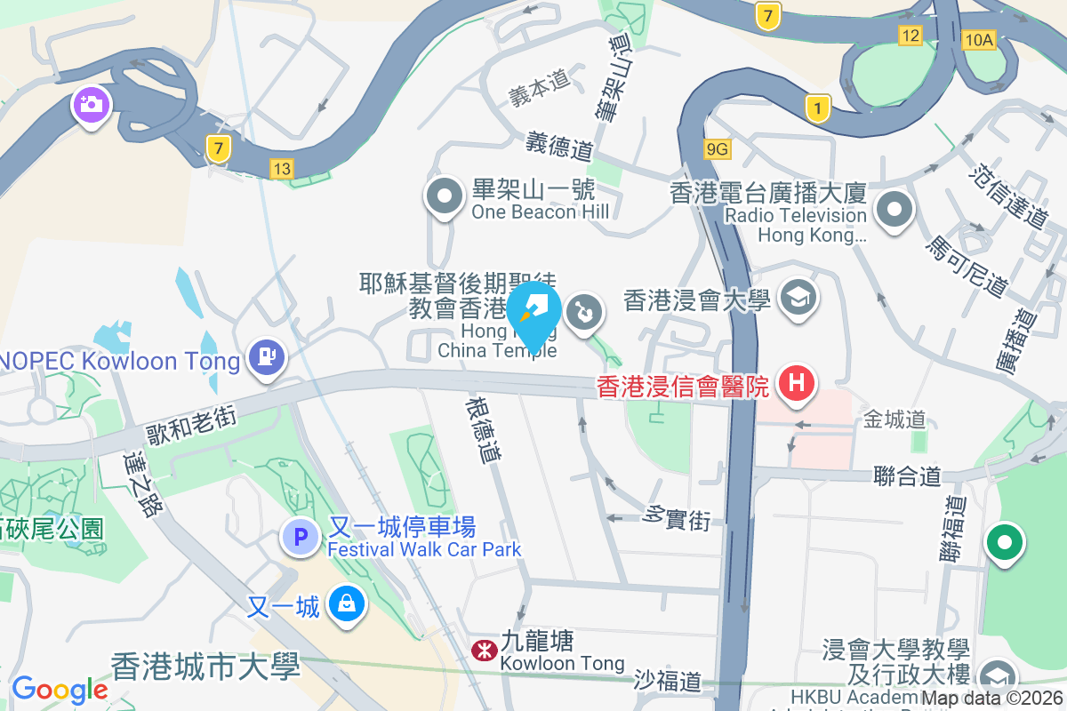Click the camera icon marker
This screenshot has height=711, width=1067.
click(x=90, y=105)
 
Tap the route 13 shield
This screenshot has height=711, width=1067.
click(x=282, y=168)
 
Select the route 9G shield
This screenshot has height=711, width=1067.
click(x=718, y=149)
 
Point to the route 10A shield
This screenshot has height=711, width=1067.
click(x=978, y=39)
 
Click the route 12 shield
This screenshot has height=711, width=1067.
click(x=910, y=35)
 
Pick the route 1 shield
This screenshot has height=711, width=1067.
click(x=818, y=108)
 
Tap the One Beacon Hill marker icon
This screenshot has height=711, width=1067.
click(x=444, y=196)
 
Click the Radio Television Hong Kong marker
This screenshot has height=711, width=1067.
click(x=895, y=211)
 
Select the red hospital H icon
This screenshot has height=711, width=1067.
click(x=797, y=383)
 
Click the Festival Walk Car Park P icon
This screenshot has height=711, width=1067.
click(x=300, y=537)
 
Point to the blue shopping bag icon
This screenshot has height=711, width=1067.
click(x=346, y=604)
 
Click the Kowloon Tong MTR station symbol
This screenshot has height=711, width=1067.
click(x=483, y=651)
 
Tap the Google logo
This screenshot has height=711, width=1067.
click(x=60, y=690)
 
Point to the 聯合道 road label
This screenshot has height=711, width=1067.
click(x=907, y=476)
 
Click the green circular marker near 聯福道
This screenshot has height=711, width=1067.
click(x=1005, y=542)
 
